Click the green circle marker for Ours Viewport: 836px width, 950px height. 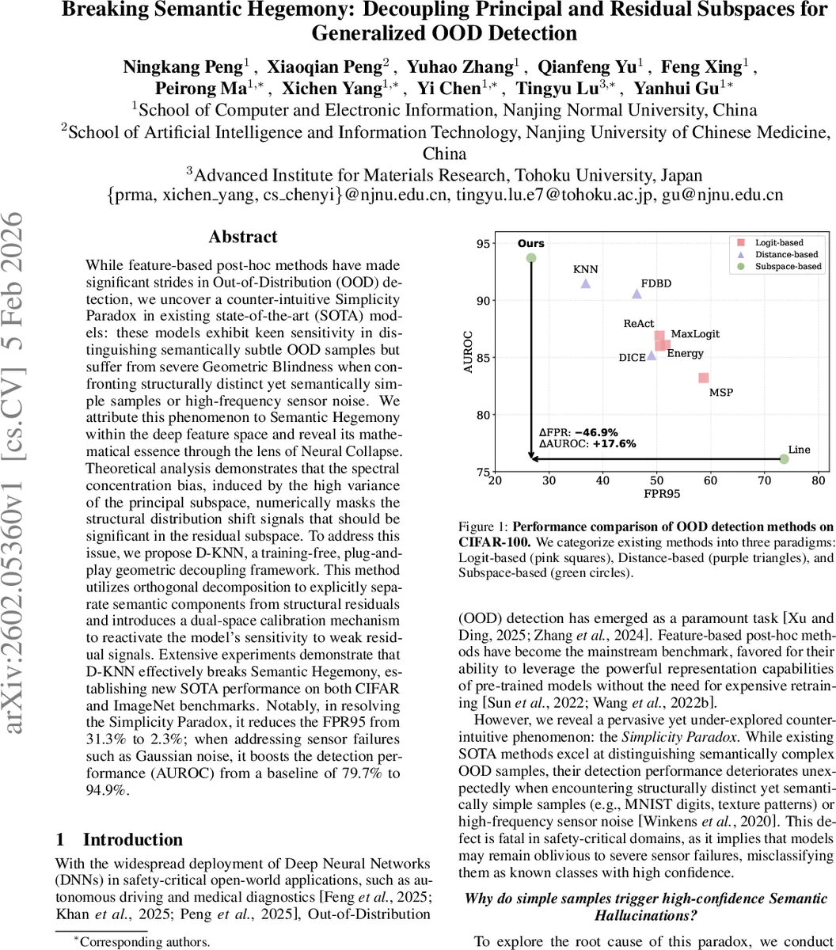531,258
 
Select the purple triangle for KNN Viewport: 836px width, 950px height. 586,283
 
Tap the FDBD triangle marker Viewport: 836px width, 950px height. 637,294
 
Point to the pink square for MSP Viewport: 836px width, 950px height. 703,378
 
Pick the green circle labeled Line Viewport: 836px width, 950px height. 784,459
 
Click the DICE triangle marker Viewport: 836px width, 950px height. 652,355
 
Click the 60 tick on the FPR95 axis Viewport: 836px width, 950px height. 711,481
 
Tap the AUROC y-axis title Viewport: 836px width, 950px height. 469,351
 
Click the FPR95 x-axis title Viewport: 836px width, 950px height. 656,494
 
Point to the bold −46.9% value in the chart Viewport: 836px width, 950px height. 595,432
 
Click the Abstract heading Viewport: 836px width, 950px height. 243,237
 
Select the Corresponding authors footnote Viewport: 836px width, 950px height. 142,942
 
